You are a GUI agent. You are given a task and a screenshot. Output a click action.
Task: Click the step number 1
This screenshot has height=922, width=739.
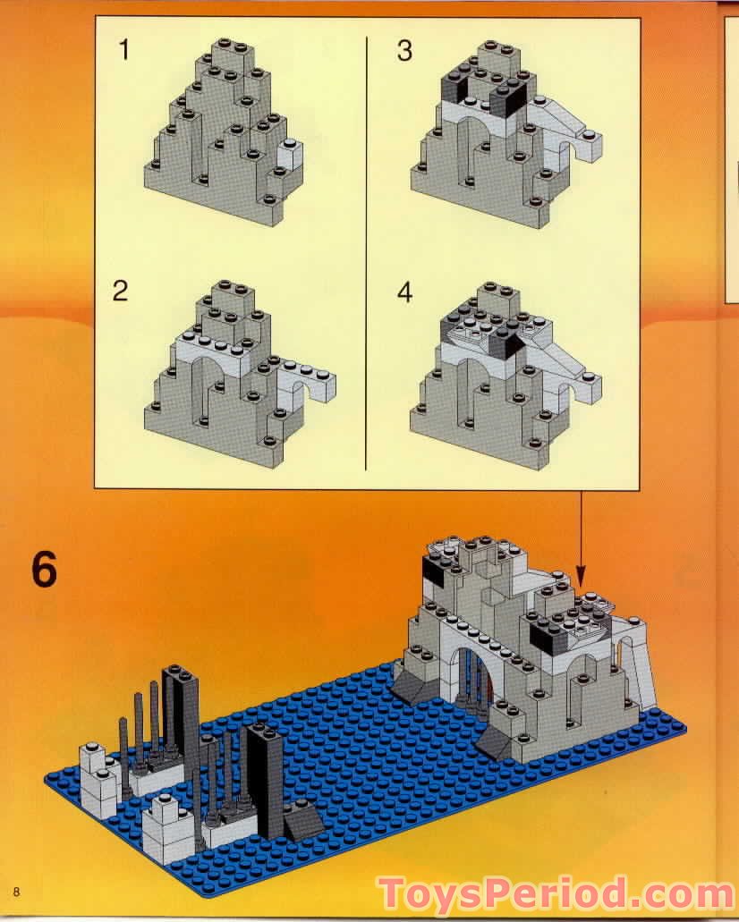[124, 50]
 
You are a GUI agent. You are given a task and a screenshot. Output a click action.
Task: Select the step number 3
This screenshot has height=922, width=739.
[404, 51]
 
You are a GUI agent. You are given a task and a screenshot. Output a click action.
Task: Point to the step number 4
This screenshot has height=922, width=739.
[404, 292]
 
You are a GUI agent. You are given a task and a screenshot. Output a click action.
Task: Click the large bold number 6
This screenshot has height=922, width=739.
[44, 570]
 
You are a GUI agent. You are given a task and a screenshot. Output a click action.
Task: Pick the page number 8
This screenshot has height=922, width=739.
[16, 891]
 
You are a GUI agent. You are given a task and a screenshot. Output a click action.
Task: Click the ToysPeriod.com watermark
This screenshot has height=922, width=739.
[555, 892]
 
